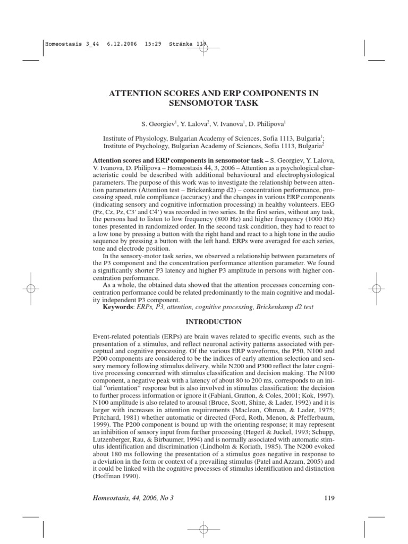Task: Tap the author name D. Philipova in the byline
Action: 267,124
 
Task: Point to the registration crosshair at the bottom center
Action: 203,529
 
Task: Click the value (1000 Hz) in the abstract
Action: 317,218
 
